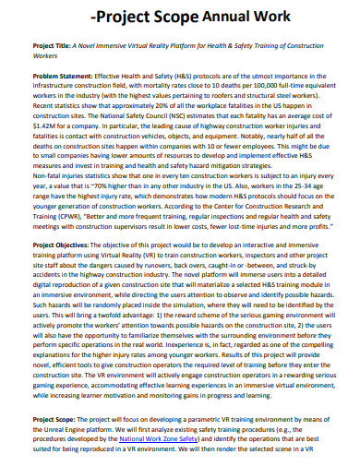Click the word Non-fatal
(x=48, y=178)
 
